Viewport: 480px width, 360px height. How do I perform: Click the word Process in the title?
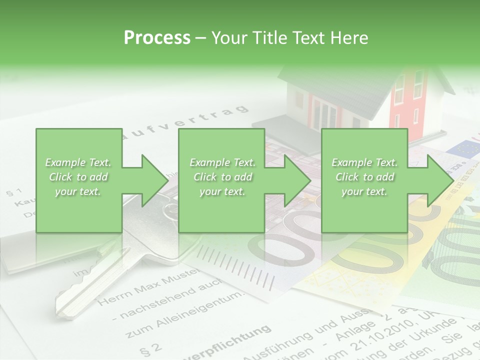point(157,37)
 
